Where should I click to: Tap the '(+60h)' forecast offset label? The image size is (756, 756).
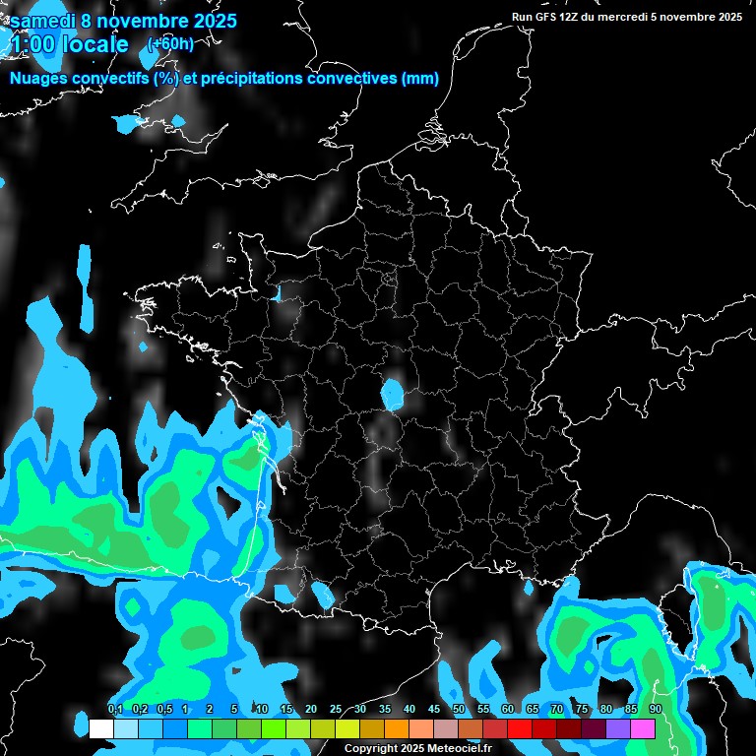170,43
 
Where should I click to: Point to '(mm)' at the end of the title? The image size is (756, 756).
420,79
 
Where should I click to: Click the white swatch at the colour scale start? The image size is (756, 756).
101,728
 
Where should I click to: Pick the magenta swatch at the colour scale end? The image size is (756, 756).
643,728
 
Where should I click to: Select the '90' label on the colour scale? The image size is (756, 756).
656,710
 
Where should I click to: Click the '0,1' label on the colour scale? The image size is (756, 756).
115,710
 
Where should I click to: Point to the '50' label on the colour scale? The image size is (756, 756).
459,710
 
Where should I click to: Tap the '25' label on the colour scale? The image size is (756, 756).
336,710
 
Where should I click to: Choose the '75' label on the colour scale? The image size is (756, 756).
582,710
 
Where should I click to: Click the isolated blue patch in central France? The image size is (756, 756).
393,395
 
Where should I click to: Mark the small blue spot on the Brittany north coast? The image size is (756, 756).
277,292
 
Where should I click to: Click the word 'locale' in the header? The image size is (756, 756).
94,44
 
